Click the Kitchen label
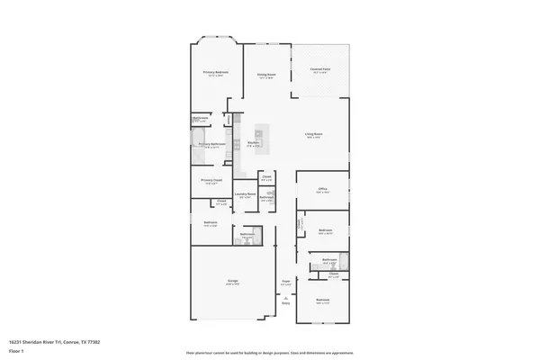coord(254,143)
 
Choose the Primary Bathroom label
coord(211,143)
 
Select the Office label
coord(322,190)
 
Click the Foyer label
coord(286,282)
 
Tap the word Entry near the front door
coord(286,303)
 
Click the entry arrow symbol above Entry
coord(286,297)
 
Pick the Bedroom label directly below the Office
coord(326,230)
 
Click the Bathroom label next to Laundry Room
coord(266,197)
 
